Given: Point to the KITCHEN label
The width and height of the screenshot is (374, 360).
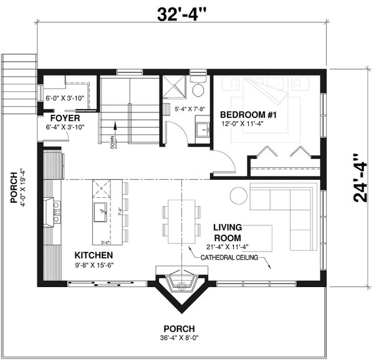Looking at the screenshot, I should (x=93, y=255).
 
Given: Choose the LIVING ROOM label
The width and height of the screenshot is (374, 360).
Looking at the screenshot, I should (x=227, y=232).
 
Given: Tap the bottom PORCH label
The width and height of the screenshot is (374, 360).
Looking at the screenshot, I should (x=179, y=329).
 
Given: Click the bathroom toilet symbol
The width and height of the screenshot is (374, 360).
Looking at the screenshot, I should (x=198, y=90).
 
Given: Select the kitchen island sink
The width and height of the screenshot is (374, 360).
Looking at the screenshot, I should (x=100, y=212).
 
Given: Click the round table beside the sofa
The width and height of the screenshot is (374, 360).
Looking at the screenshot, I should (x=239, y=195).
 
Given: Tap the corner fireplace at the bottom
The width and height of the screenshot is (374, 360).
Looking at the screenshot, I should (x=181, y=285).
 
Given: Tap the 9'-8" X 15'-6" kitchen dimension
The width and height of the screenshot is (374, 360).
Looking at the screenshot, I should (x=95, y=265).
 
